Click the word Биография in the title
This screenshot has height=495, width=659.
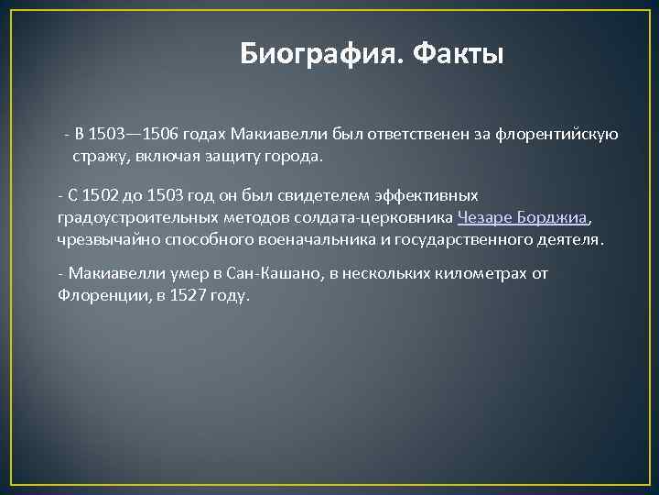pos(320,54)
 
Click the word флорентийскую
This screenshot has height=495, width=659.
pos(558,135)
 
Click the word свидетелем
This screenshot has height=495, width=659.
pos(284,195)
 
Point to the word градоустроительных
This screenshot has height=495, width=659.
pos(135,218)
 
